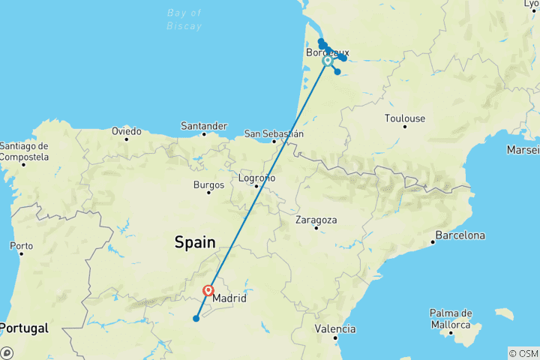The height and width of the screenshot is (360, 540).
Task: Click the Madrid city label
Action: pyautogui.click(x=229, y=298)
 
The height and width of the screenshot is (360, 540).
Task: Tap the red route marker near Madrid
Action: pyautogui.click(x=208, y=290)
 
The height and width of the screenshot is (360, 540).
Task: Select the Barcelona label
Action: pyautogui.click(x=460, y=235)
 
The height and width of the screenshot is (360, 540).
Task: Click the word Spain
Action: pyautogui.click(x=195, y=242)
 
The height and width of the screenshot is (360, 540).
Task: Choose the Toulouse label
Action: pyautogui.click(x=404, y=118)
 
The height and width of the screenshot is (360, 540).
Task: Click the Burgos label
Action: pyautogui.click(x=208, y=184)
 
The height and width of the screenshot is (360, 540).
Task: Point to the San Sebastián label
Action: pyautogui.click(x=274, y=134)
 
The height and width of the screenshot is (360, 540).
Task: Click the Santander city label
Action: pyautogui.click(x=204, y=126)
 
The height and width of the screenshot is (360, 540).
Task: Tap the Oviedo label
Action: pyautogui.click(x=127, y=130)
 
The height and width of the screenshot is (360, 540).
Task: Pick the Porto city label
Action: pyautogui.click(x=21, y=245)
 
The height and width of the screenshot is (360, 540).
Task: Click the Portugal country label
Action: pyautogui.click(x=25, y=328)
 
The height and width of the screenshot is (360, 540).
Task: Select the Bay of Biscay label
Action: pyautogui.click(x=184, y=19)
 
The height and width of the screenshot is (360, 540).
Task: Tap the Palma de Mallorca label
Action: pyautogui.click(x=450, y=319)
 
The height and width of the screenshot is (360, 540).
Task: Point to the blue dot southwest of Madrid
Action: pyautogui.click(x=196, y=319)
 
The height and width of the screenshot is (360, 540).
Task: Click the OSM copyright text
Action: pyautogui.click(x=523, y=353)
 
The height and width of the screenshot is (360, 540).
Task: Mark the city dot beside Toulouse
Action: pyautogui.click(x=405, y=126)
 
